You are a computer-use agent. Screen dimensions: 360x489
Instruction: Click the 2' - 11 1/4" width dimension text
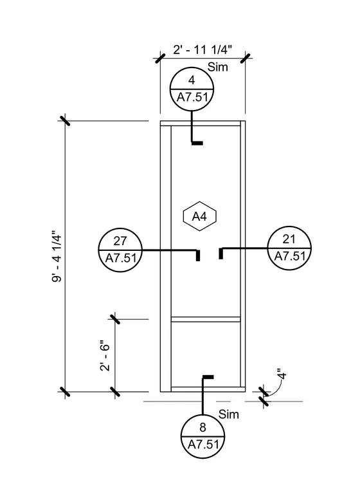tap(203, 50)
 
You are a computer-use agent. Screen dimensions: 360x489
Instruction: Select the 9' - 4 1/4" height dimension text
tap(57, 256)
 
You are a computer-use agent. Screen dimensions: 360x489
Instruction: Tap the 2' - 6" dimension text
tap(105, 357)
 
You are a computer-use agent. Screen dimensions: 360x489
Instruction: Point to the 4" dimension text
tap(282, 374)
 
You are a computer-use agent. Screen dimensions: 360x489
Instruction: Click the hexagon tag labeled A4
tap(199, 216)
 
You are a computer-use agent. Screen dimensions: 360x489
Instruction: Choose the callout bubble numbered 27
tap(120, 250)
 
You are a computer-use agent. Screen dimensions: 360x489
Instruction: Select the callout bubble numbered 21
tap(289, 248)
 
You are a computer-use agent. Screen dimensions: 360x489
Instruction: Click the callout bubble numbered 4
tap(192, 89)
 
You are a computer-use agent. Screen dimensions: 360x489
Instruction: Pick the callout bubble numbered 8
tap(203, 436)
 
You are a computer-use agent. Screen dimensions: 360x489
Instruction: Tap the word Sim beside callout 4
tap(218, 67)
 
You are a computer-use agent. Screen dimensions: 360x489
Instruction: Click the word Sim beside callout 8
tap(229, 414)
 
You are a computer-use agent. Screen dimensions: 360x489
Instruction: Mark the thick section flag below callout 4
tap(197, 143)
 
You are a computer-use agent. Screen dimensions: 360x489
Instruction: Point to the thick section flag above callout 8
tap(208, 377)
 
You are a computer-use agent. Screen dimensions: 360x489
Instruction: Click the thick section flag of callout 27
tap(198, 255)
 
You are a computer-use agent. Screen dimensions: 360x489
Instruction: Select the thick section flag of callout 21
tap(221, 254)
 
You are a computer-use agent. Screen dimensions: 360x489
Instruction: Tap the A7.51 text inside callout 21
tap(289, 256)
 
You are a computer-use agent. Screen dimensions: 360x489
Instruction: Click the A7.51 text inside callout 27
tap(121, 258)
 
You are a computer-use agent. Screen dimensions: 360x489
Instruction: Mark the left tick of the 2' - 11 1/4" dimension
tap(160, 58)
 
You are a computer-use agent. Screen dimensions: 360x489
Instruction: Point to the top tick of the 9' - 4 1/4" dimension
tap(65, 120)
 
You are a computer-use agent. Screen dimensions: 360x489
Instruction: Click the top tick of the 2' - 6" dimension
tap(115, 319)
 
